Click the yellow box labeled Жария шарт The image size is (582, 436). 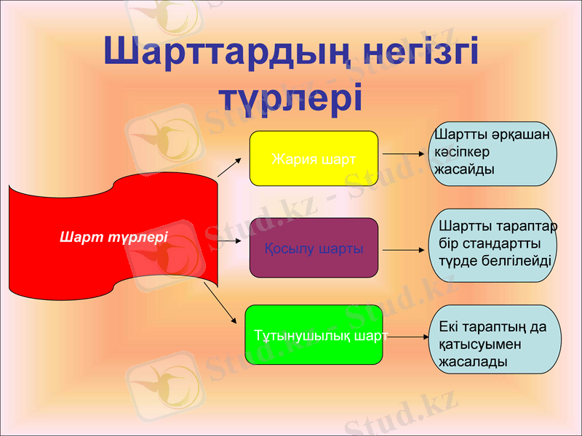314,158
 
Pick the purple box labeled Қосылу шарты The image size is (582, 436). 314,248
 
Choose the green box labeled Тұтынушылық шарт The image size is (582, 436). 314,335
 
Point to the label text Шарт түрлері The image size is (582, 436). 113,237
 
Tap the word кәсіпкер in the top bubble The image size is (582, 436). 462,152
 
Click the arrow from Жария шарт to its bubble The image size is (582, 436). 403,154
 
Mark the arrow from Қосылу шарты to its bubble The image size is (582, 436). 403,250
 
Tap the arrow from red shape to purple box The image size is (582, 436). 228,239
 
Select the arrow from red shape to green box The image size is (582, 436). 220,302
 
